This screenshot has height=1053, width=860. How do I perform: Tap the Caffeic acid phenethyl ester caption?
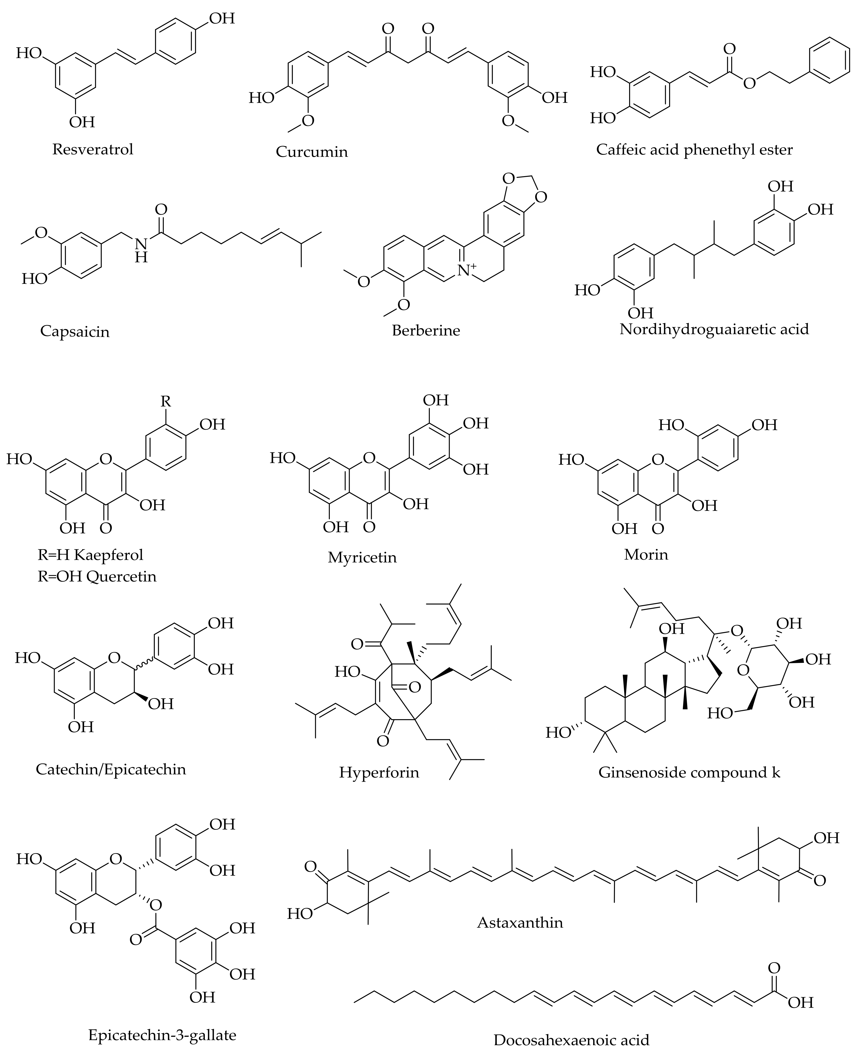(x=694, y=150)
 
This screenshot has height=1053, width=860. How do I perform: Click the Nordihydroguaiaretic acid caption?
(x=714, y=329)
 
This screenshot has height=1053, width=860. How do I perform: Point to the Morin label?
(x=646, y=554)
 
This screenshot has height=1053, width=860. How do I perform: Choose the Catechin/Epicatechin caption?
(x=111, y=769)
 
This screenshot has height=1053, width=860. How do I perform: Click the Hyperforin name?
(x=379, y=772)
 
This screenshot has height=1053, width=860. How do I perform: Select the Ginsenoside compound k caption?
(x=689, y=772)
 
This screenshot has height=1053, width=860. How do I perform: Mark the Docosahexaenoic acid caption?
(x=571, y=1039)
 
